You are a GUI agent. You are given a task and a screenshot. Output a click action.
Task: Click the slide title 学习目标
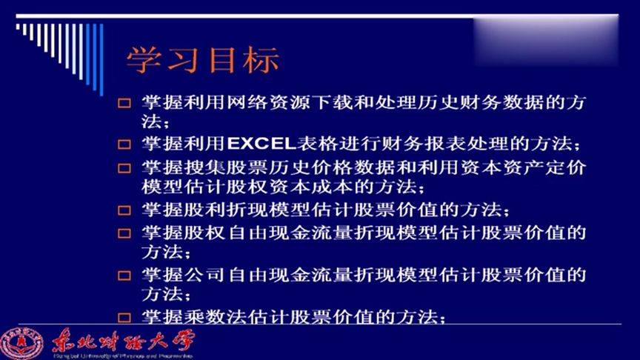pos(202,61)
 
